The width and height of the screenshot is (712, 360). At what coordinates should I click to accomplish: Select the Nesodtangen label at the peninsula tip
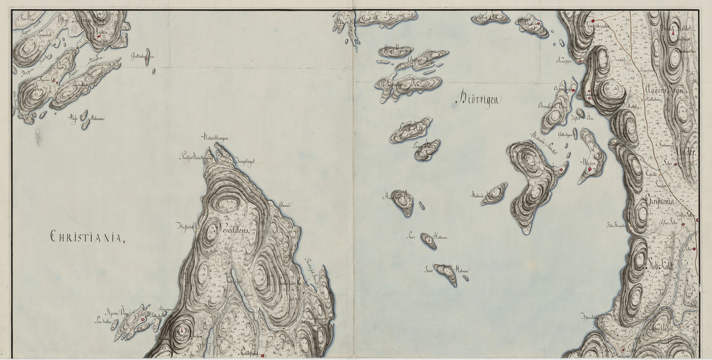(214, 137)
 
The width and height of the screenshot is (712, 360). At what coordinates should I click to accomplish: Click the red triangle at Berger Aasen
(182, 329)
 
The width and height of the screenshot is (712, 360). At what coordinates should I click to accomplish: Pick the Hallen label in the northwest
(102, 31)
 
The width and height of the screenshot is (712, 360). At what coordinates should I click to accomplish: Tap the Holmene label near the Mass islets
(97, 118)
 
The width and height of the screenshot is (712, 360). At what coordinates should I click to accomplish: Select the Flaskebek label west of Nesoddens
(186, 227)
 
